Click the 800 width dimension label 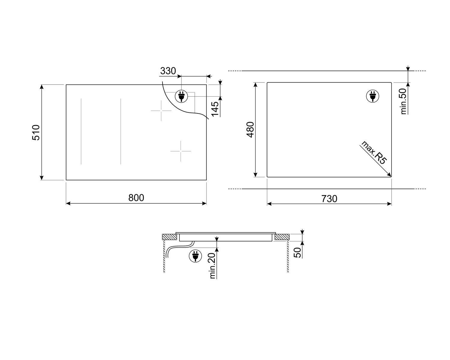(136, 198)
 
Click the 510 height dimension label (36, 132)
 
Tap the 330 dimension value (168, 71)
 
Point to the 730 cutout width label (329, 199)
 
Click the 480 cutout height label (250, 130)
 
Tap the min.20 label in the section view (212, 266)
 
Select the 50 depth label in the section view (297, 253)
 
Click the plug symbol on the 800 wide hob (181, 96)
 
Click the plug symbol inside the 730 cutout (373, 96)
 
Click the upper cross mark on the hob (161, 111)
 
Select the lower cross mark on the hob (181, 151)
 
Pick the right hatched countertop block (281, 237)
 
